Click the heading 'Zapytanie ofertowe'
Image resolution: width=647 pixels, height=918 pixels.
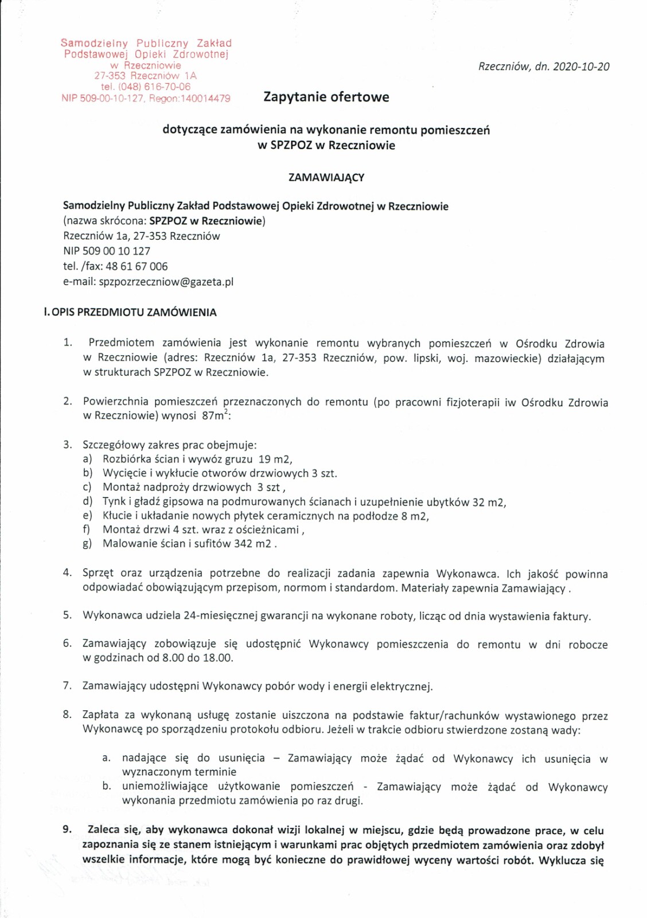point(326,97)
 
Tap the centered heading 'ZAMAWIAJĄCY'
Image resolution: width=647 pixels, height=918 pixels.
point(326,177)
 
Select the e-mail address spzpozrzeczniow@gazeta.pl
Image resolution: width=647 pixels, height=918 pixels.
point(166,282)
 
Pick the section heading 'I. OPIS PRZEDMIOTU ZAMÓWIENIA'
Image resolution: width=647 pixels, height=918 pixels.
point(130,313)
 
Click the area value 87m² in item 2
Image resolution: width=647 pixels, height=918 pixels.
point(215,415)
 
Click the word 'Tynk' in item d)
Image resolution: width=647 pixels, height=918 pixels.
point(114,501)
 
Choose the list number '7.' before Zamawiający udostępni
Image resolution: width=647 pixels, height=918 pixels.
point(68,686)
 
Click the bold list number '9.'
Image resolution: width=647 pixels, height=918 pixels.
point(68,829)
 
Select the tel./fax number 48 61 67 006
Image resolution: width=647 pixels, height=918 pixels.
point(137,266)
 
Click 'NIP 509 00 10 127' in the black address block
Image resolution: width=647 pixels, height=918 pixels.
point(107,251)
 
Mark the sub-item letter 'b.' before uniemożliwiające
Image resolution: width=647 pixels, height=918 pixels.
point(107,786)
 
